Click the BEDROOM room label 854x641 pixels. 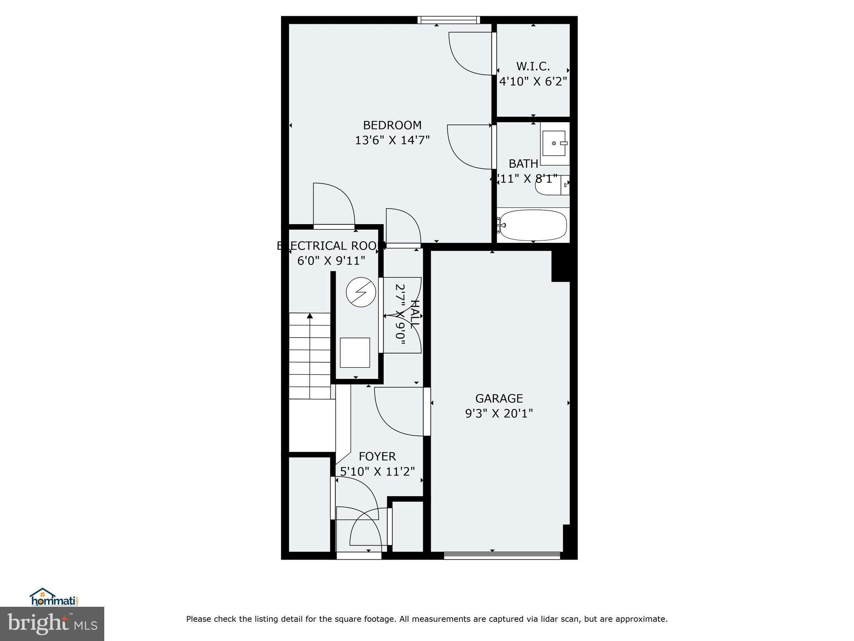[x=392, y=125]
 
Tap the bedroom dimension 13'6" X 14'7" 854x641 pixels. [x=392, y=140]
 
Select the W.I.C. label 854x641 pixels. [x=533, y=66]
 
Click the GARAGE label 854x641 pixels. [x=499, y=399]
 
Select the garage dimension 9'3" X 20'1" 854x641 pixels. [x=499, y=414]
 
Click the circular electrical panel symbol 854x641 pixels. [x=361, y=292]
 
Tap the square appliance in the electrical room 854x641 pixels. [x=355, y=353]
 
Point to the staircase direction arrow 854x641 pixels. [x=309, y=316]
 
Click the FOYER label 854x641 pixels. [x=377, y=457]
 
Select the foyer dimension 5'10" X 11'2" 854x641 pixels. [x=377, y=472]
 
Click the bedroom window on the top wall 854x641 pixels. [x=449, y=20]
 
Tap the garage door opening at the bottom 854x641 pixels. [x=502, y=555]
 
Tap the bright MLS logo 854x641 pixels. [x=52, y=623]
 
